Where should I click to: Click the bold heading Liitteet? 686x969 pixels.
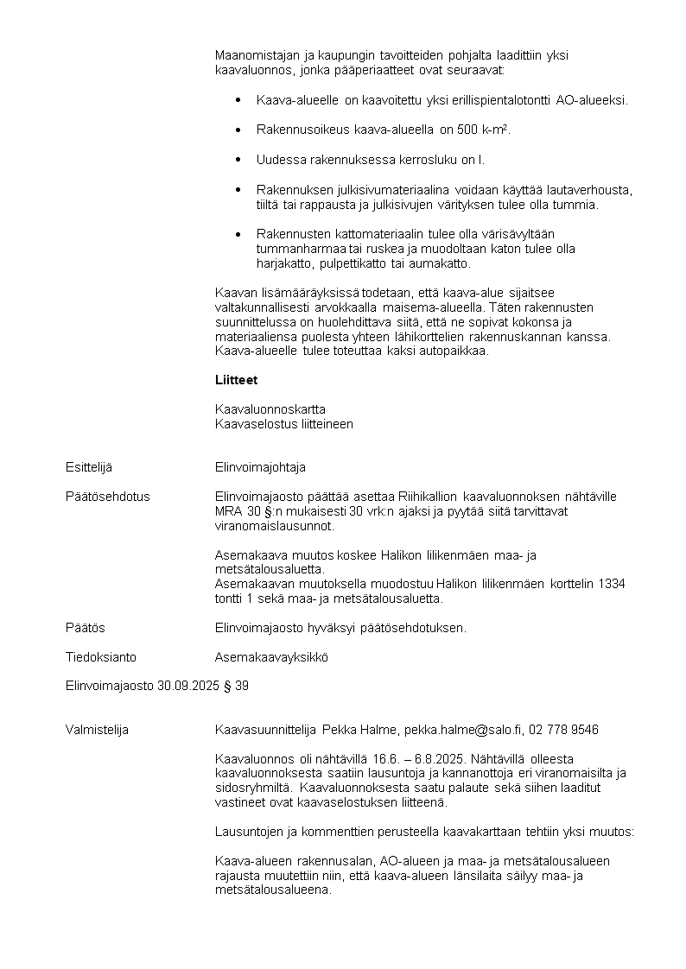[x=236, y=380]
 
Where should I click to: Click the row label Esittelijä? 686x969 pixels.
[x=89, y=467]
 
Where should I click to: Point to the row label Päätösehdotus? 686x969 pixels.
[x=107, y=497]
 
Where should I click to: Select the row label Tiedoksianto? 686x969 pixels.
[x=101, y=657]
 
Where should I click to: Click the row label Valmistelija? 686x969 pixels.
[x=97, y=730]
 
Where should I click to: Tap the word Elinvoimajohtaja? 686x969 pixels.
[x=260, y=467]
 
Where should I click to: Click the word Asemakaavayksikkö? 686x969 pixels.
[x=271, y=657]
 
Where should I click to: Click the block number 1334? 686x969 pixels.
[x=610, y=584]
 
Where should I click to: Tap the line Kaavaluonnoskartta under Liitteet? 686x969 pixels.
[x=270, y=408]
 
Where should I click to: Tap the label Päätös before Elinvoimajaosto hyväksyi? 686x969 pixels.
[x=86, y=628]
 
